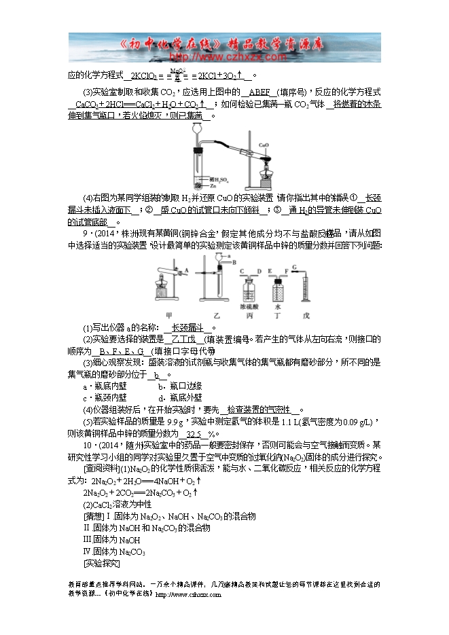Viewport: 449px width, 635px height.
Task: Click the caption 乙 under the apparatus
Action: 219,314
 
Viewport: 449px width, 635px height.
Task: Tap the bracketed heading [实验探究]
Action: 101,564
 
